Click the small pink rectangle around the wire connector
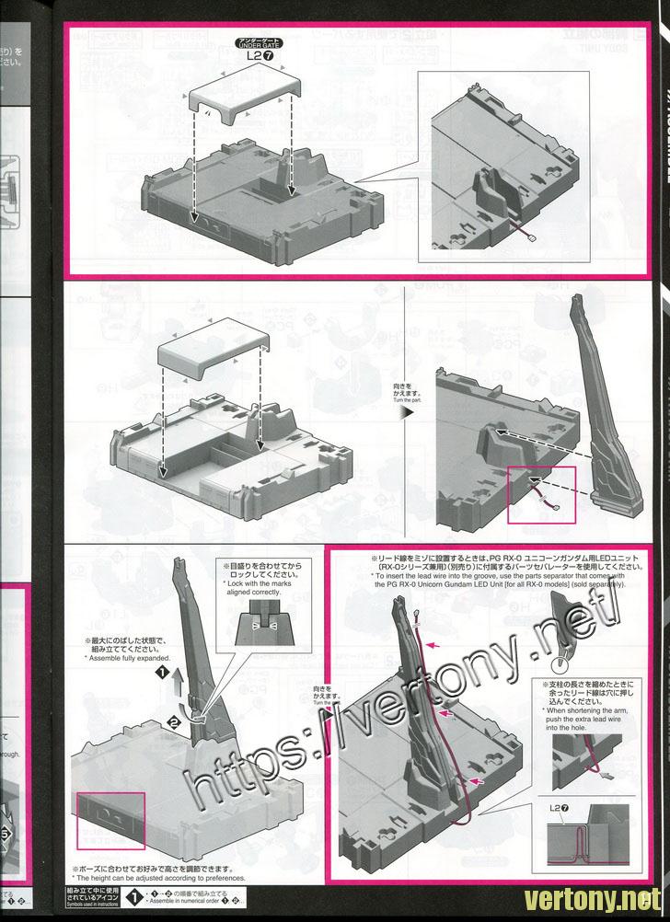click(541, 493)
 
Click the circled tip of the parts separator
click(558, 662)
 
